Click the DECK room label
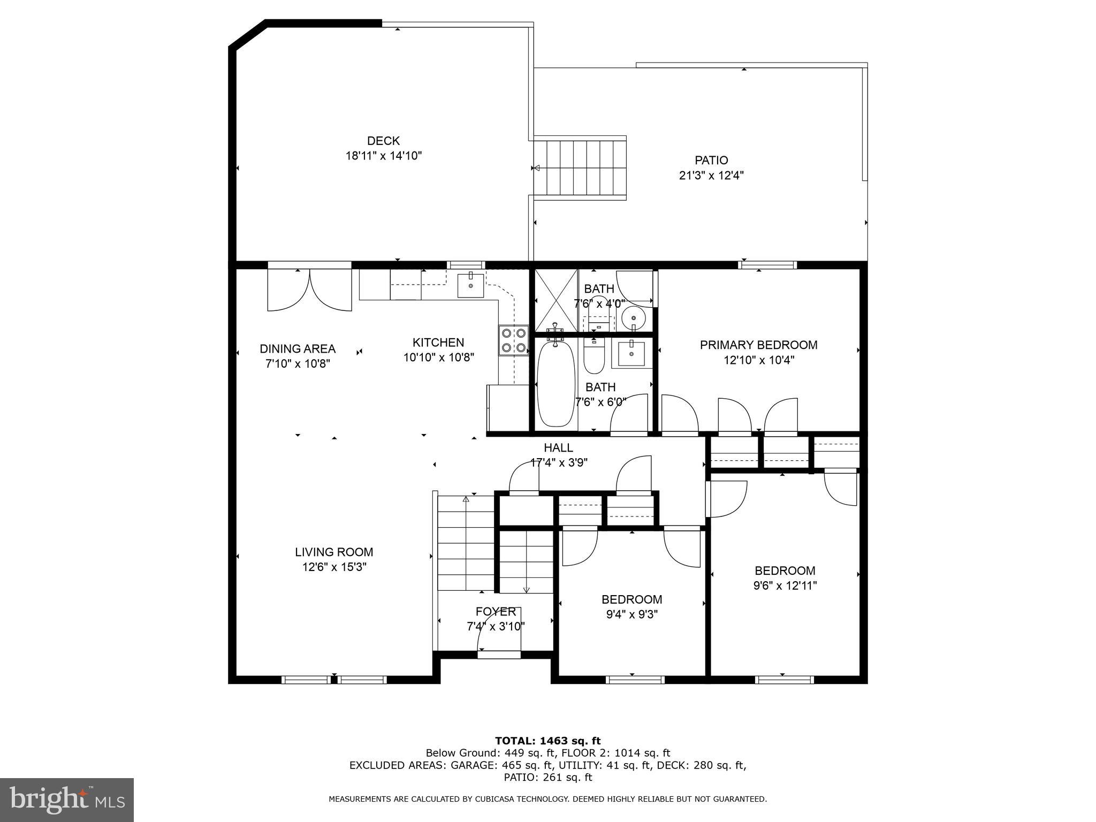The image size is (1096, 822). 383,141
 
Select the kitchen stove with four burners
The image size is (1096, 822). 513,341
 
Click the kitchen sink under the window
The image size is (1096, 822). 470,285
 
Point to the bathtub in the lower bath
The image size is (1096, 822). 555,383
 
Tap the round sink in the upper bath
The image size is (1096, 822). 634,319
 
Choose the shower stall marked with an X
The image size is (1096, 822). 557,300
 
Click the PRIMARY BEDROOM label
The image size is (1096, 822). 758,345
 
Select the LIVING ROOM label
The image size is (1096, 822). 334,552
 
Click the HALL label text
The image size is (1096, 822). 558,447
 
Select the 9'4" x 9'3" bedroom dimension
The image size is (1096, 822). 631,614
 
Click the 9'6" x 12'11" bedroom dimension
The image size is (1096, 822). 785,585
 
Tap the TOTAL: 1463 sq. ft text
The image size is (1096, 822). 548,741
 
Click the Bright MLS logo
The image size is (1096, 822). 67,800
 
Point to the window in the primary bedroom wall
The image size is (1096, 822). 767,265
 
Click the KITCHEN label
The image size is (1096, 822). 438,342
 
